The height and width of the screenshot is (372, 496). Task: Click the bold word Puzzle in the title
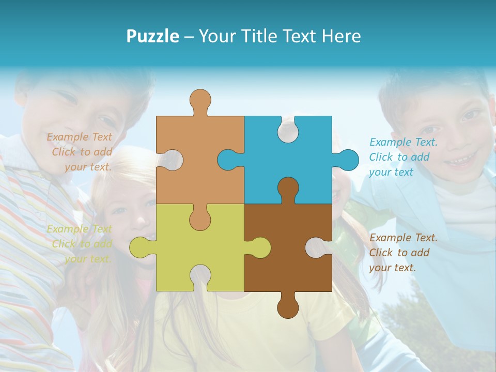(152, 36)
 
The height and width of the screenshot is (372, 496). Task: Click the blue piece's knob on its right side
(348, 160)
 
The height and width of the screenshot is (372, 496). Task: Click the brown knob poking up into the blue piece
(288, 188)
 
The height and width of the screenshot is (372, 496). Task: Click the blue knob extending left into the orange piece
(228, 160)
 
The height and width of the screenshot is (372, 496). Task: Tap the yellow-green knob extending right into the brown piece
(259, 247)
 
